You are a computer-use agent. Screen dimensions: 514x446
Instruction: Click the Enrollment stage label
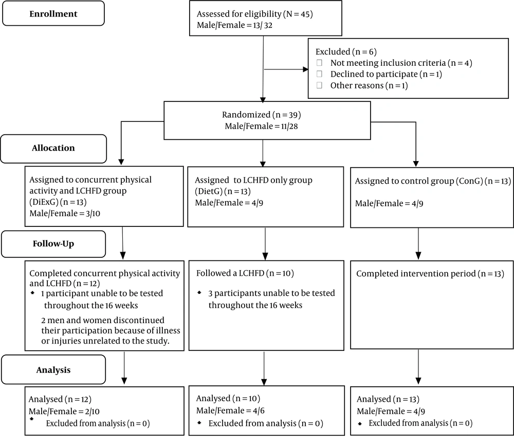coord(53,14)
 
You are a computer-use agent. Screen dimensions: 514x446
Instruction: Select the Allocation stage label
coord(53,148)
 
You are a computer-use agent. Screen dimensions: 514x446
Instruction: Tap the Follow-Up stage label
coord(53,244)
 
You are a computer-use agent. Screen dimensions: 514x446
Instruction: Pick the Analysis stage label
coord(53,370)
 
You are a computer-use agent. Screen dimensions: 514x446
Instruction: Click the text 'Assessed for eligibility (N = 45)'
coord(255,14)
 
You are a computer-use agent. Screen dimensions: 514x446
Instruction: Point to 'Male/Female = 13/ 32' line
coord(234,25)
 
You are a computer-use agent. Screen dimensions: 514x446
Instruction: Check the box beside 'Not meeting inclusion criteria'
coord(319,63)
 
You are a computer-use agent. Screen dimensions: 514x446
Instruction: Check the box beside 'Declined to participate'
coord(319,74)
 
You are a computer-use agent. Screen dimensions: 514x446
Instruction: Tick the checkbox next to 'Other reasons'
coord(319,85)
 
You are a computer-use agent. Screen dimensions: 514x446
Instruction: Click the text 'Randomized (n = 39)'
coord(261,115)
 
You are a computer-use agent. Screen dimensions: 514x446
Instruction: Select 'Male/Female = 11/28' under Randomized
coord(261,127)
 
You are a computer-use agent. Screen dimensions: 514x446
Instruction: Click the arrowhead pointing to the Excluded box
coord(305,69)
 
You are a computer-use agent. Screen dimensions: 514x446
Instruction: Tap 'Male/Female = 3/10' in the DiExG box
coord(65,213)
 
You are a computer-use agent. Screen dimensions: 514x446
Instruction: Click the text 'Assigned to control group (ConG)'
coord(419,181)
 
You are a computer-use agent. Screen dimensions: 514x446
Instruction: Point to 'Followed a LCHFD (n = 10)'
coord(245,273)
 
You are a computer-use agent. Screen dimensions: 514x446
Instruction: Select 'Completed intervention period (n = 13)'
coord(430,274)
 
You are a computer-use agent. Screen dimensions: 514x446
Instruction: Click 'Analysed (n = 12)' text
coord(60,399)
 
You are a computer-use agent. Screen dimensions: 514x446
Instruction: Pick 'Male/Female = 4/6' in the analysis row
coord(230,411)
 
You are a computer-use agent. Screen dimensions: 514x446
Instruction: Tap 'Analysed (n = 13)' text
coord(388,399)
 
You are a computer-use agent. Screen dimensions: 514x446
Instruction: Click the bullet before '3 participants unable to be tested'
coord(199,292)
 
